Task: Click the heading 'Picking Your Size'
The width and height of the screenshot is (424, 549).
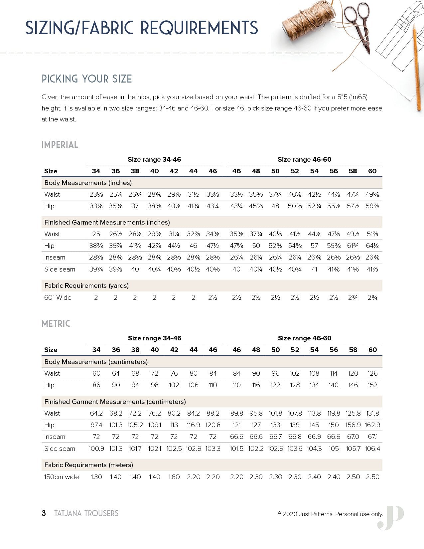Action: tap(87, 79)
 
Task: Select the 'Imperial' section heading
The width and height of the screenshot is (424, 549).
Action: tap(60, 145)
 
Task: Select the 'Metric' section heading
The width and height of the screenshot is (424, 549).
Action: tap(56, 323)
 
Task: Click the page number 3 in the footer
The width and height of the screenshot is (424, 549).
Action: tap(44, 513)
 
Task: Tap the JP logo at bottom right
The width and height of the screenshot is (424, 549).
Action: tap(391, 518)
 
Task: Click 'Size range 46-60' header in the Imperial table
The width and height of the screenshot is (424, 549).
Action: tap(304, 159)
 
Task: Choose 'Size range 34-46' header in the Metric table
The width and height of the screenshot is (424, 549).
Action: tap(155, 338)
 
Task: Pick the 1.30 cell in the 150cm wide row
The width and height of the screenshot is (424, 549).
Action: tap(96, 477)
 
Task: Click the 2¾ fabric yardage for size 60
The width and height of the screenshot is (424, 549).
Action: tap(372, 297)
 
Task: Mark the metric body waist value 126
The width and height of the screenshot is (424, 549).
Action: tap(372, 373)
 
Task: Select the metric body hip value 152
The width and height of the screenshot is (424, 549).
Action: tap(372, 385)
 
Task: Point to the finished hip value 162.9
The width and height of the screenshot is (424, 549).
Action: tap(372, 425)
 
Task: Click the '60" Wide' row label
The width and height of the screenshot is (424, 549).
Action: tap(58, 297)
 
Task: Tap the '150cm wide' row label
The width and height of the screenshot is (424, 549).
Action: tap(62, 477)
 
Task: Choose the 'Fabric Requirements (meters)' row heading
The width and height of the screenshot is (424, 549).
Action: tap(88, 465)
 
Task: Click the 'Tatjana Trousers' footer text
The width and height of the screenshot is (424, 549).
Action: tap(86, 513)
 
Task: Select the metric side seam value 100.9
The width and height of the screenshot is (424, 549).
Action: tap(96, 449)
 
